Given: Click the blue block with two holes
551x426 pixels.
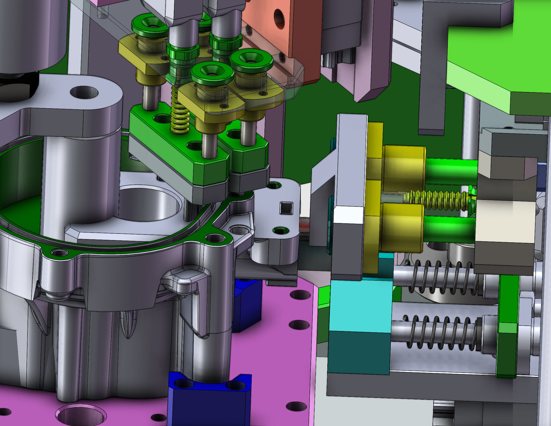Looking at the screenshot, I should pos(209,399).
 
